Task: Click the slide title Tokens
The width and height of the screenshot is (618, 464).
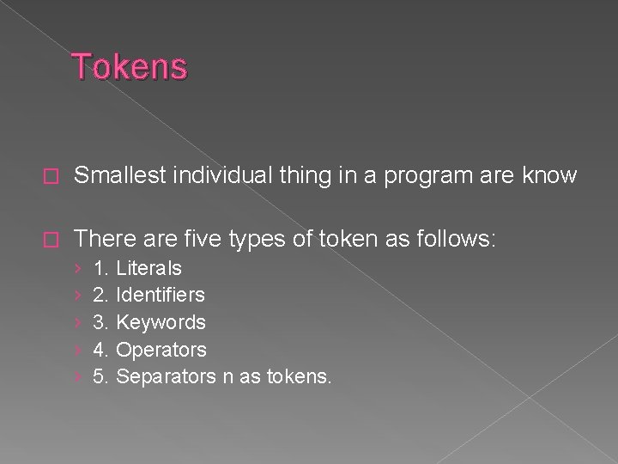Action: click(130, 66)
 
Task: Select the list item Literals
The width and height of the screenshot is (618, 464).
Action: click(148, 268)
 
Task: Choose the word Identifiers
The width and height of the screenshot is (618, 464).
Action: click(160, 295)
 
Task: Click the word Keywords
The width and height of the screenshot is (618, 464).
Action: click(161, 322)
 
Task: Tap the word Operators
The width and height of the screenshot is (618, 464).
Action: click(161, 350)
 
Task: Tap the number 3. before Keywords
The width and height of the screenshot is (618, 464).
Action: click(100, 322)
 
